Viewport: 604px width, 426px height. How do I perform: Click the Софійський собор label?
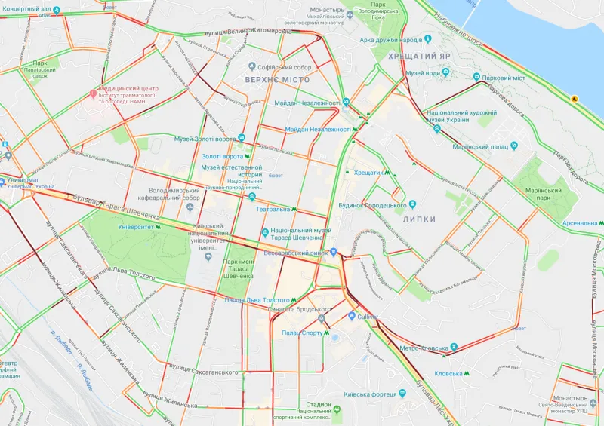(x=287, y=68)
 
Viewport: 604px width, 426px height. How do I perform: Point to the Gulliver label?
(x=367, y=316)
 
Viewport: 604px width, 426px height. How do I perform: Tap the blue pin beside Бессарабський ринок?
(x=332, y=253)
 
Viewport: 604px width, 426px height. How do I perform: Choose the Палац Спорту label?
(x=302, y=333)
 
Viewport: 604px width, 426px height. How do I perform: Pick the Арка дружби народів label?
(x=390, y=40)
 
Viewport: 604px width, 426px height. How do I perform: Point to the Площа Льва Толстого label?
(x=257, y=300)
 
